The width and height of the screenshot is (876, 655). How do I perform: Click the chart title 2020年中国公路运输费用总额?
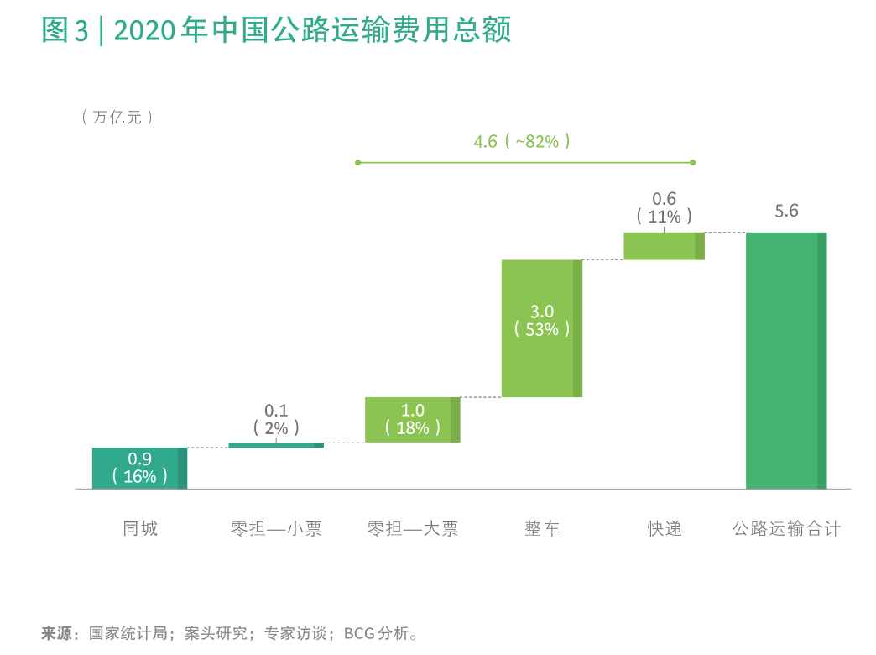[x=277, y=31]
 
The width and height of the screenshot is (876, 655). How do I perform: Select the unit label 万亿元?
[x=117, y=118]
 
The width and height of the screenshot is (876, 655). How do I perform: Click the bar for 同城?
[x=139, y=468]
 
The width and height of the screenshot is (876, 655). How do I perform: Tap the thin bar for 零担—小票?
[x=275, y=445]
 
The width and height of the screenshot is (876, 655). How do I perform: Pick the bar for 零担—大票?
[x=412, y=419]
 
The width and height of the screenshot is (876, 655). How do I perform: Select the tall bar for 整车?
[x=541, y=327]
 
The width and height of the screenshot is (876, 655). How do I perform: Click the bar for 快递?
[x=664, y=246]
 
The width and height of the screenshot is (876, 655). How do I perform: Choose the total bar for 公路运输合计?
[x=786, y=359]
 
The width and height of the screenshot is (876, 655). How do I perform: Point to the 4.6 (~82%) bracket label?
[x=522, y=141]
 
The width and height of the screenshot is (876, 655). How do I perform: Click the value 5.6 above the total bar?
[x=786, y=211]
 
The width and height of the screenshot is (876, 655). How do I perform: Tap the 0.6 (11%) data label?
[x=664, y=207]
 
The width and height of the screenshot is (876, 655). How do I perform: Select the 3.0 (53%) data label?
[x=542, y=321]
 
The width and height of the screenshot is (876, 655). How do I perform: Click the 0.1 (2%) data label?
[x=276, y=419]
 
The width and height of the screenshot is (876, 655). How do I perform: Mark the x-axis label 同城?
[x=140, y=528]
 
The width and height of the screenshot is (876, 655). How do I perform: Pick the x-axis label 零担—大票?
[x=413, y=528]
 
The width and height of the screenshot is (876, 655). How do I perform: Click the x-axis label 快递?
[x=664, y=528]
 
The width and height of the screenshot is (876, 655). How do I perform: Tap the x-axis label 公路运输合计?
[x=786, y=528]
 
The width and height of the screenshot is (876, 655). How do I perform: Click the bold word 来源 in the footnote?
[x=57, y=633]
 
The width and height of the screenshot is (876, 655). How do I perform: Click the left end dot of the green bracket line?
[x=358, y=162]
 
